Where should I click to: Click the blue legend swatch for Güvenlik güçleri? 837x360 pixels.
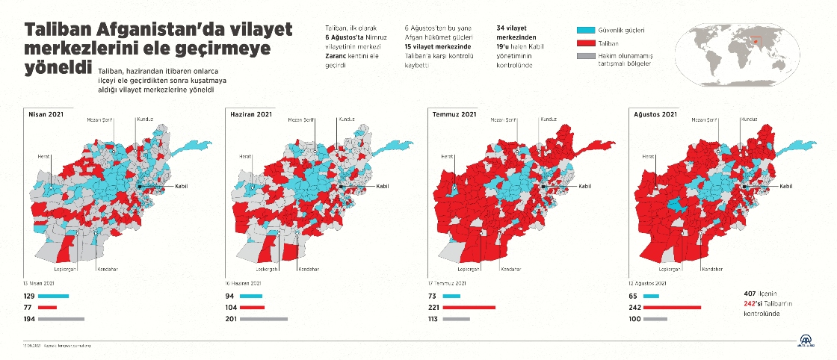click(x=586, y=31)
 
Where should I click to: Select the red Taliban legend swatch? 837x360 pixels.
click(x=586, y=43)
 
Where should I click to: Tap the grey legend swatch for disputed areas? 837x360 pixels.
click(x=586, y=56)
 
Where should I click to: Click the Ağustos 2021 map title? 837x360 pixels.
click(x=655, y=114)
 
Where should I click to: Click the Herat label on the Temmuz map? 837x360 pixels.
click(x=447, y=156)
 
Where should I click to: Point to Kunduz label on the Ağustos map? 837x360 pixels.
click(x=750, y=119)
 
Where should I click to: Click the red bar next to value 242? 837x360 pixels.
click(x=671, y=307)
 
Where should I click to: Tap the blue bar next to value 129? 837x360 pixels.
click(x=53, y=297)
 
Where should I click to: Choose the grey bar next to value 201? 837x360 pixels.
click(x=262, y=319)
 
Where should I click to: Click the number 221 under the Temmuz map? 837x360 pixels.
click(x=434, y=307)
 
